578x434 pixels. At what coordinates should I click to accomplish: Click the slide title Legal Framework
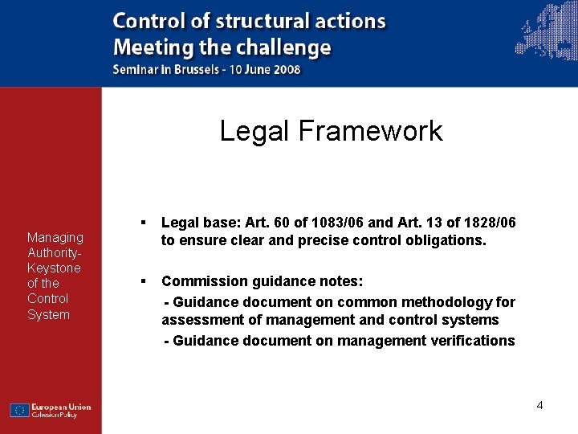click(331, 130)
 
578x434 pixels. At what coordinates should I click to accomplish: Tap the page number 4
click(540, 405)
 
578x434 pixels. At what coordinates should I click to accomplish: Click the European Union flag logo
click(20, 410)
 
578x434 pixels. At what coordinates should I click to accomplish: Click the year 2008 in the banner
click(285, 69)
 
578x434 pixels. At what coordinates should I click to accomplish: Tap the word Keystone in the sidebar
click(54, 268)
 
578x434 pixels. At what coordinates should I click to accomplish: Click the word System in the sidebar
click(48, 314)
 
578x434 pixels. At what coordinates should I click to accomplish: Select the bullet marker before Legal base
click(141, 221)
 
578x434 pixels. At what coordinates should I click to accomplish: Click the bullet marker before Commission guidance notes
click(141, 281)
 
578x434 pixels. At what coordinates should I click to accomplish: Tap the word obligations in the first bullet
click(446, 240)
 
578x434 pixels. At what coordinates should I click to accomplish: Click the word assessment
click(196, 321)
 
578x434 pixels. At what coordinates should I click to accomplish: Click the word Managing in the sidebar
click(55, 237)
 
